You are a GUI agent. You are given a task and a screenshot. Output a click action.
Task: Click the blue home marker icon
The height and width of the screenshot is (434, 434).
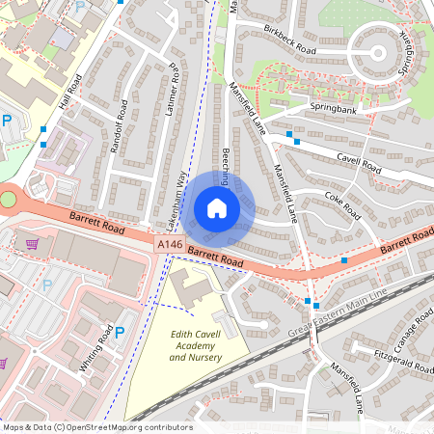(x=217, y=208)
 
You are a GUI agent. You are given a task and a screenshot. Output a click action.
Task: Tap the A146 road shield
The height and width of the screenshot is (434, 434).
(x=169, y=246)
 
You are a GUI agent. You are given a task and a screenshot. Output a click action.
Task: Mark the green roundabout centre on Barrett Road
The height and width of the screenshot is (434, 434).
(x=9, y=200)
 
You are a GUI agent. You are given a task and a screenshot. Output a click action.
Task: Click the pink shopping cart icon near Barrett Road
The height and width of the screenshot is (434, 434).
(x=32, y=244)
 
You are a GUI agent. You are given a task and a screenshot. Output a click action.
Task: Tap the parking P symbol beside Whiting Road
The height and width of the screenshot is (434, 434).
(x=120, y=333)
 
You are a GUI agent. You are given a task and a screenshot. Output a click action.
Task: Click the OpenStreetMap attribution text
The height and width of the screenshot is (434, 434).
(x=96, y=427)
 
